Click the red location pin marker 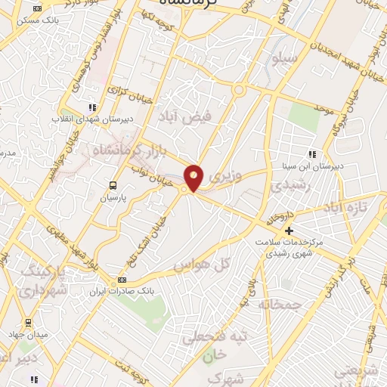pyautogui.click(x=194, y=177)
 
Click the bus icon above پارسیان pyautogui.click(x=113, y=184)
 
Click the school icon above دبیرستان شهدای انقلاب pyautogui.click(x=92, y=107)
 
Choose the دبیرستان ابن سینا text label pyautogui.click(x=317, y=165)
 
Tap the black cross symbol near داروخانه pyautogui.click(x=287, y=230)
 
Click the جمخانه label pyautogui.click(x=280, y=304)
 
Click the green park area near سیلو pyautogui.click(x=303, y=117)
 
